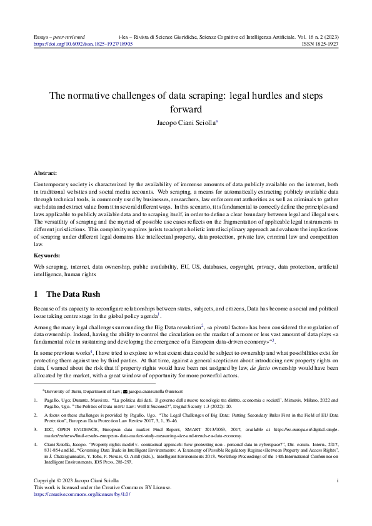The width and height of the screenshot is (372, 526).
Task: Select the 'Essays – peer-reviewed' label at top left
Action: (x=59, y=37)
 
